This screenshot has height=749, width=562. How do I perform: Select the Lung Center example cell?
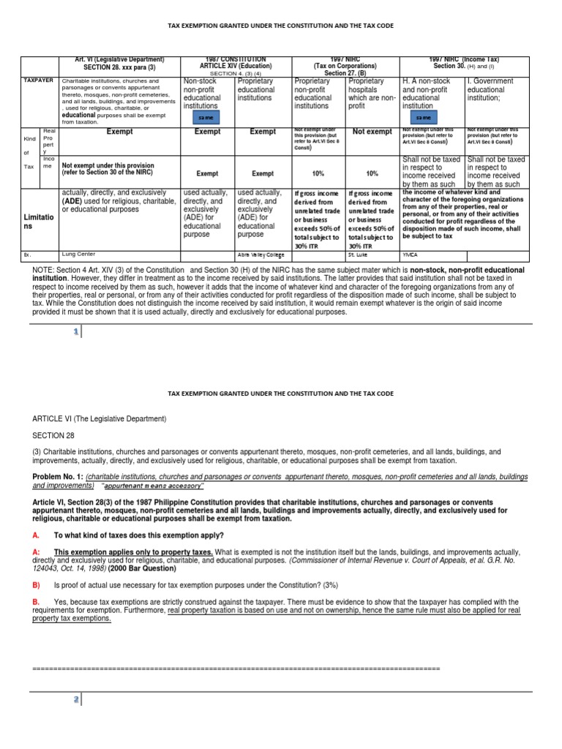pyautogui.click(x=78, y=255)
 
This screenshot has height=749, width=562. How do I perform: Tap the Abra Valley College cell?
pyautogui.click(x=262, y=255)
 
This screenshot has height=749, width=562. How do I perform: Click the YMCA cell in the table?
pyautogui.click(x=411, y=255)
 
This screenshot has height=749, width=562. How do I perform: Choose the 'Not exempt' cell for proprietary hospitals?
pyautogui.click(x=372, y=132)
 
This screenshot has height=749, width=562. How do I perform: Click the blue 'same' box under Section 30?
pyautogui.click(x=423, y=117)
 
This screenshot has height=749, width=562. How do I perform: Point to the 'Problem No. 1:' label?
pyautogui.click(x=58, y=475)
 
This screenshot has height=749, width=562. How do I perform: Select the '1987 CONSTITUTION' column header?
pyautogui.click(x=235, y=59)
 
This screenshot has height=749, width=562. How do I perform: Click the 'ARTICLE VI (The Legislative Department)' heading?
pyautogui.click(x=99, y=418)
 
